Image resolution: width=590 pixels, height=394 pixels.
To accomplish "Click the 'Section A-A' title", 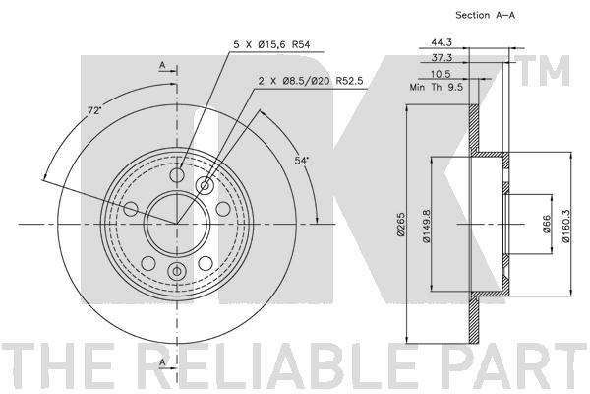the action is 485,15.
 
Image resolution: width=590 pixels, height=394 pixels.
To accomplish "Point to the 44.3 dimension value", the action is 442,42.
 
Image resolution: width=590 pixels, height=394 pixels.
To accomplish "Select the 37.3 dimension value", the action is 442,58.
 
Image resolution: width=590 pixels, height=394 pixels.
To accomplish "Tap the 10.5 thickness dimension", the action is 441,74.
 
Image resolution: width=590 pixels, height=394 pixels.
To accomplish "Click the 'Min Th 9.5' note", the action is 437,87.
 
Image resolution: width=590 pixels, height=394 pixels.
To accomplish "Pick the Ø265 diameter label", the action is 401,225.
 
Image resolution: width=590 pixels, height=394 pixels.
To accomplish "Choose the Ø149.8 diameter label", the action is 426,226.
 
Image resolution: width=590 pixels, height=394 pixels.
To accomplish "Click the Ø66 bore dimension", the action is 547,225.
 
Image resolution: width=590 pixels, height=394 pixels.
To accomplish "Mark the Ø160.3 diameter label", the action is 566,226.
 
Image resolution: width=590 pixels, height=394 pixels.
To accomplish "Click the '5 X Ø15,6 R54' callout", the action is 271,45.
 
